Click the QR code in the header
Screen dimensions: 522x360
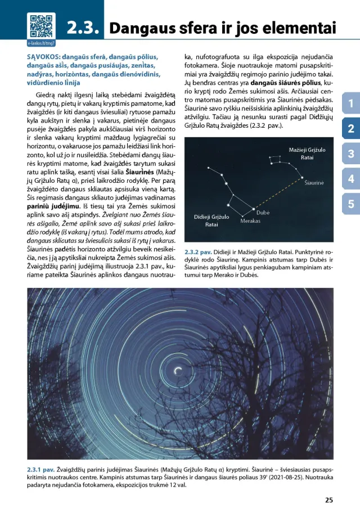[x=41, y=25]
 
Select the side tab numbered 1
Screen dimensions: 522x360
[x=350, y=103]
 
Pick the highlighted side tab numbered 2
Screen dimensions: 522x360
[x=350, y=128]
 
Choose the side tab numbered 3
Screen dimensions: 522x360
[x=350, y=154]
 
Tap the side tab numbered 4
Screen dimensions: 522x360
[x=350, y=179]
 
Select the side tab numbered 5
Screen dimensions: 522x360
[x=350, y=204]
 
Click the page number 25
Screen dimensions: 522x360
[x=329, y=500]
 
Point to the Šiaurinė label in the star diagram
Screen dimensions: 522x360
[x=314, y=183]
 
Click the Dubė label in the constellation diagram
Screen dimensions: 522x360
[x=263, y=213]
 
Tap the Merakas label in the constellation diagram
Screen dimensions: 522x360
[x=250, y=221]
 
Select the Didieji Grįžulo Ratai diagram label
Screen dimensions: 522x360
[x=211, y=220]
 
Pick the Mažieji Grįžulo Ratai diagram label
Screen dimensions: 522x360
[x=307, y=154]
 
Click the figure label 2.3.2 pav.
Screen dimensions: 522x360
[x=197, y=253]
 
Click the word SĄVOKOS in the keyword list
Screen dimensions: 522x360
[x=43, y=57]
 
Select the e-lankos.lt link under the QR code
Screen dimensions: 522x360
[x=40, y=43]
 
